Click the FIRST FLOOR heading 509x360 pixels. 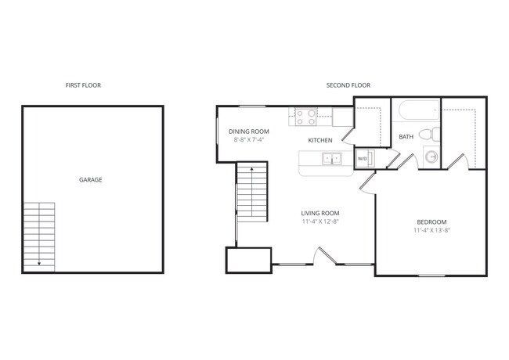[x=83, y=85]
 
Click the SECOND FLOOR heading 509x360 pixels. [x=348, y=85]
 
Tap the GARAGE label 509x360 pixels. [x=90, y=180]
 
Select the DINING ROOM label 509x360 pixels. [x=248, y=131]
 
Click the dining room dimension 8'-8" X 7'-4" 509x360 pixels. [x=248, y=139]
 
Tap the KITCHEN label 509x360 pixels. [x=319, y=140]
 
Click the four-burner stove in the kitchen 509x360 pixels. [x=305, y=117]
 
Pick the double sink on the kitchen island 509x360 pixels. [x=332, y=160]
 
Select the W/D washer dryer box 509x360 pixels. [x=363, y=159]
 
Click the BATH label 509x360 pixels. [x=406, y=137]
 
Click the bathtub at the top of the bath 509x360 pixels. [x=415, y=112]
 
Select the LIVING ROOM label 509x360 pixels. [x=320, y=212]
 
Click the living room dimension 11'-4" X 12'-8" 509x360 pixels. [x=320, y=221]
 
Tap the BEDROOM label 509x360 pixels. [x=431, y=221]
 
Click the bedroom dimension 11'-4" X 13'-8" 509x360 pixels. [x=431, y=230]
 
